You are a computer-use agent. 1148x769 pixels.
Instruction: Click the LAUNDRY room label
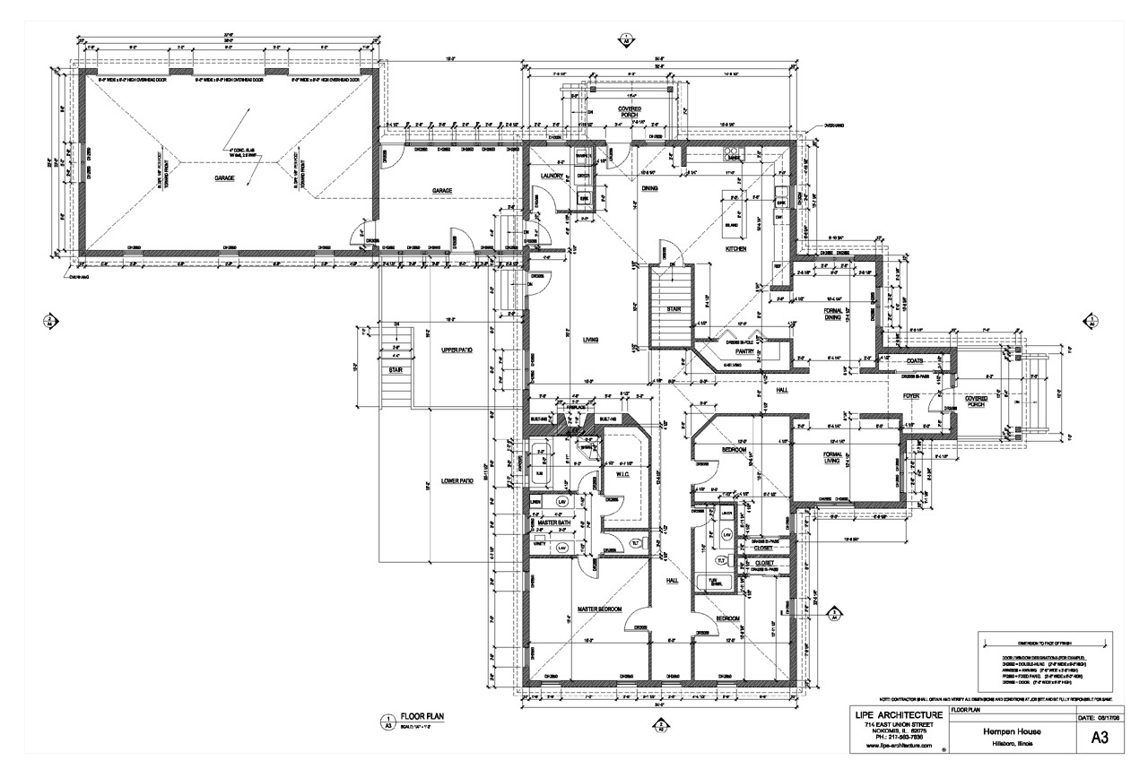(552, 177)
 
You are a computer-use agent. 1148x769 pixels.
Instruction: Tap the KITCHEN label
(735, 249)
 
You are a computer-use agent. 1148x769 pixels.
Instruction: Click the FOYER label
(911, 395)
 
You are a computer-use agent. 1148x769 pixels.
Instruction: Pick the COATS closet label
(915, 361)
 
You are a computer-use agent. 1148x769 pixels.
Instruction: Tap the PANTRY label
(746, 352)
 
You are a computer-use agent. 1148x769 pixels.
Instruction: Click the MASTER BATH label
(554, 523)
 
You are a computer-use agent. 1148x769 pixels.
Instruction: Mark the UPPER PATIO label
(456, 350)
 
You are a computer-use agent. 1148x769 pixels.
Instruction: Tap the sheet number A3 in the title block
(1100, 738)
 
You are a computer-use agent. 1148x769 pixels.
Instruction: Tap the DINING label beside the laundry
(649, 189)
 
